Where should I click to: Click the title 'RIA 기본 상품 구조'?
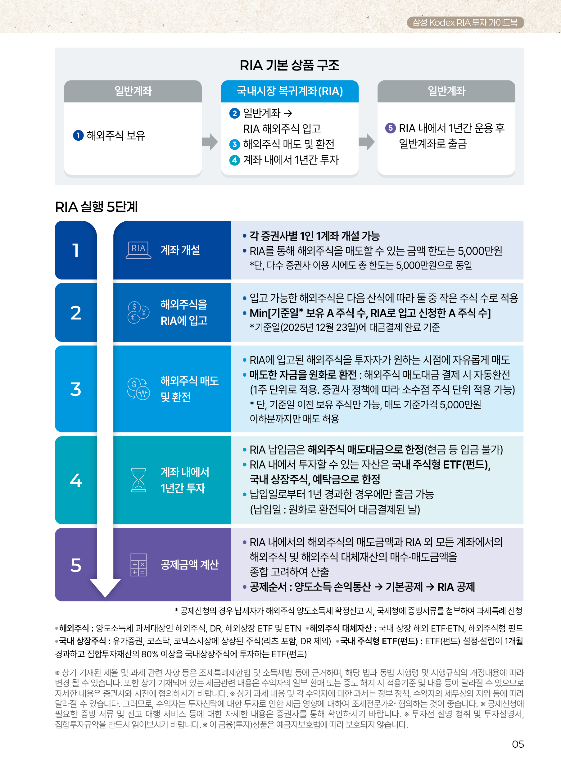(289, 65)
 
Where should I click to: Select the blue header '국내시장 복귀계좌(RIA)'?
(289, 91)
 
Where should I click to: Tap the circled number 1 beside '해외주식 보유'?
(78, 135)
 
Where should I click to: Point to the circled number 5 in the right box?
(390, 128)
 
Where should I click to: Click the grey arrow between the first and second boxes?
(210, 142)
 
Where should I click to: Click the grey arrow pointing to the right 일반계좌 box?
(366, 142)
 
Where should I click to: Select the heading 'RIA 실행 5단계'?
(96, 206)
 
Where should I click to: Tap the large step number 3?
(76, 389)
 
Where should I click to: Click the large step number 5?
(76, 565)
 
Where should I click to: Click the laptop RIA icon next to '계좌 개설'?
(138, 250)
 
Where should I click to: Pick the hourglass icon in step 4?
(138, 480)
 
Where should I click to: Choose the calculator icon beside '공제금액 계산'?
(138, 564)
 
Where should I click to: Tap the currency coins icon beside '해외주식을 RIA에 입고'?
(138, 312)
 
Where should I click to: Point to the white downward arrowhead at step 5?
(105, 587)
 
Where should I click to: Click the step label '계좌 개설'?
(180, 250)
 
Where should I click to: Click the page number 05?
(518, 744)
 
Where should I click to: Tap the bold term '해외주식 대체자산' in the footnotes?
(341, 628)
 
